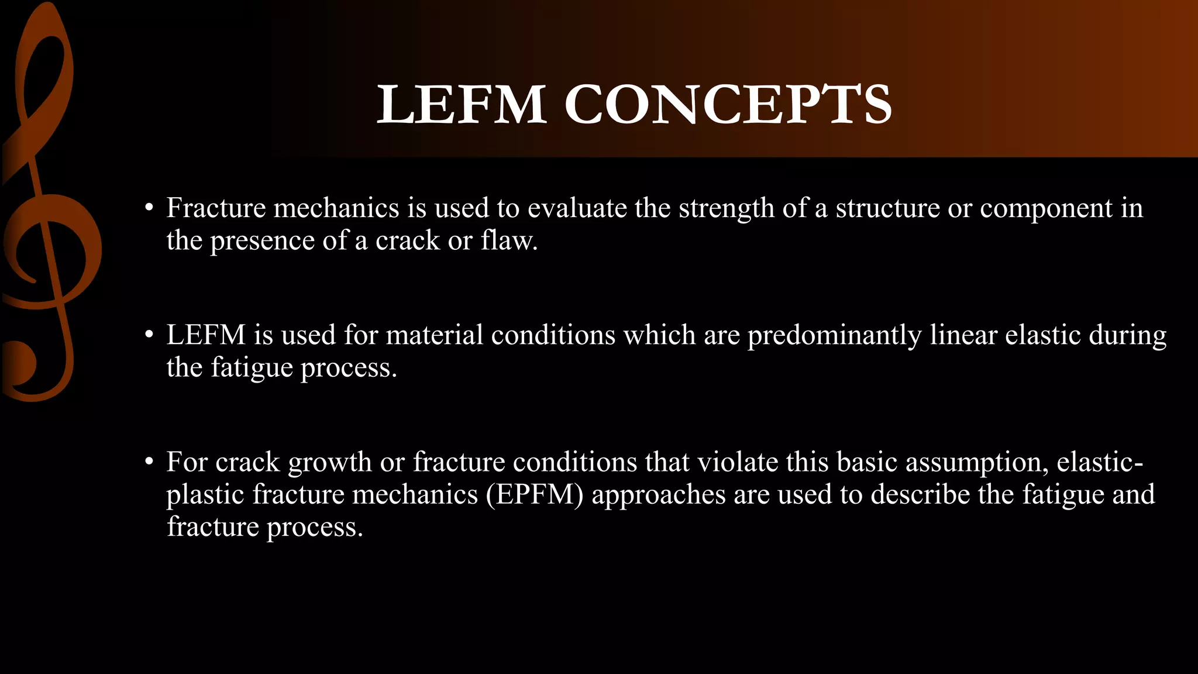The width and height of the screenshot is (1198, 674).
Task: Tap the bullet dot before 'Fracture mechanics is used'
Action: (x=150, y=208)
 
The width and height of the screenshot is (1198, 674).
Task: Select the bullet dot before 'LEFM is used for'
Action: (x=150, y=335)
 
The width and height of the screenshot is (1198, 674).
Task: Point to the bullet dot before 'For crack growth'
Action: (x=150, y=462)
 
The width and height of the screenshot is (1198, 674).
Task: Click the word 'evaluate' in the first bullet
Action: (x=577, y=208)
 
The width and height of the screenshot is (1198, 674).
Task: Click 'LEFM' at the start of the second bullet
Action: (x=206, y=335)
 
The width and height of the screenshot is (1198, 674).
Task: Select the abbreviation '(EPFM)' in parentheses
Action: (x=535, y=494)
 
